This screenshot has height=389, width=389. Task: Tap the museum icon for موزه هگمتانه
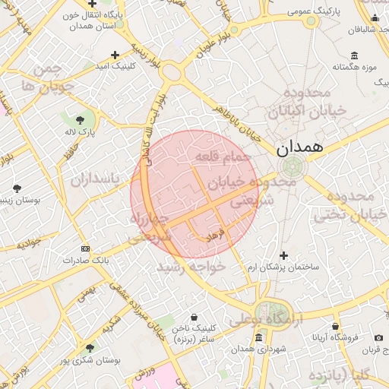(x=355, y=55)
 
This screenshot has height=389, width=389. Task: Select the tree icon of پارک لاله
(x=81, y=119)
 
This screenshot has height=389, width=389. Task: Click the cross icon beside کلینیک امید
(x=115, y=55)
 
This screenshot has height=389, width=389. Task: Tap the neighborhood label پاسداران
(x=96, y=180)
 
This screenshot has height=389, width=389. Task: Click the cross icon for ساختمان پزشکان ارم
(x=284, y=256)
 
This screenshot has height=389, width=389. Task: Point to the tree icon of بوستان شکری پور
(x=90, y=347)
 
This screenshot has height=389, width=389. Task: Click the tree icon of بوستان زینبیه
(x=17, y=188)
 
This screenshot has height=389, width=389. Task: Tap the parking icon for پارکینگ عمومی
(x=311, y=21)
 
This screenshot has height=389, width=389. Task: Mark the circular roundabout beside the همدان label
(x=289, y=168)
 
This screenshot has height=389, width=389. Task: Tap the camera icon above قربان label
(x=378, y=337)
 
